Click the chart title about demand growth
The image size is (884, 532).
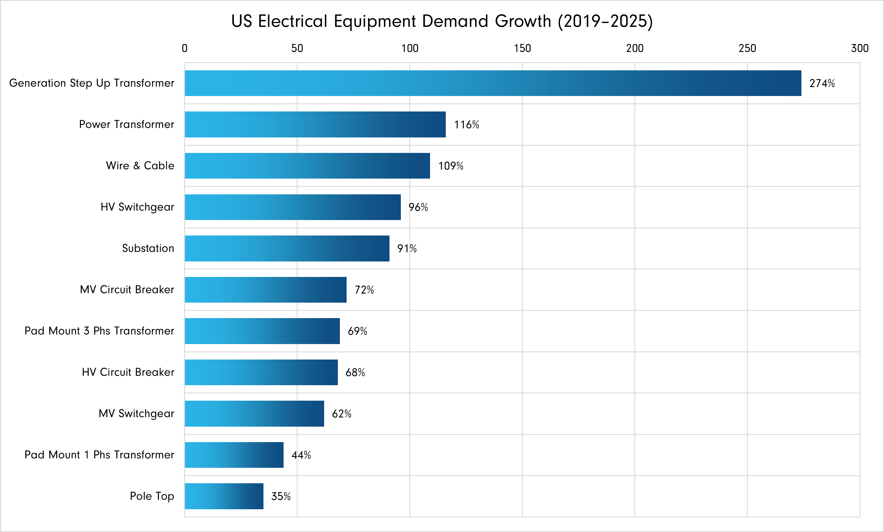442,21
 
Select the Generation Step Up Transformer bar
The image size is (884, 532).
493,83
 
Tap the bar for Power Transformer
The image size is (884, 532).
315,124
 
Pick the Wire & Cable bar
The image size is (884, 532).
307,166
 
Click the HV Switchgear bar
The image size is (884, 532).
292,207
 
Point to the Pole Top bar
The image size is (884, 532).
224,496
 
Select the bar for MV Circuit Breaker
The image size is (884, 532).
265,290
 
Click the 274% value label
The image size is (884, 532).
822,83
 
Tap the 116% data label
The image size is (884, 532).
467,124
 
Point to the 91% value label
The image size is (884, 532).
407,248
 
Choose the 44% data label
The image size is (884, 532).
301,455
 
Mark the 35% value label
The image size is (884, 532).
281,496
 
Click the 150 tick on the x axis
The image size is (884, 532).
522,48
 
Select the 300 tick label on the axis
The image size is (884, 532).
859,48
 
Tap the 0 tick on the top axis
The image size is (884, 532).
185,48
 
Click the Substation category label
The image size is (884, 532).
148,248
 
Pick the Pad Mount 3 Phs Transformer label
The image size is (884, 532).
99,331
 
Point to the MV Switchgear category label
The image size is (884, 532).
136,413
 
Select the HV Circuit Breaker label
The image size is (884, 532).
128,372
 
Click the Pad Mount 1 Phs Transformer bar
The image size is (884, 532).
234,455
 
